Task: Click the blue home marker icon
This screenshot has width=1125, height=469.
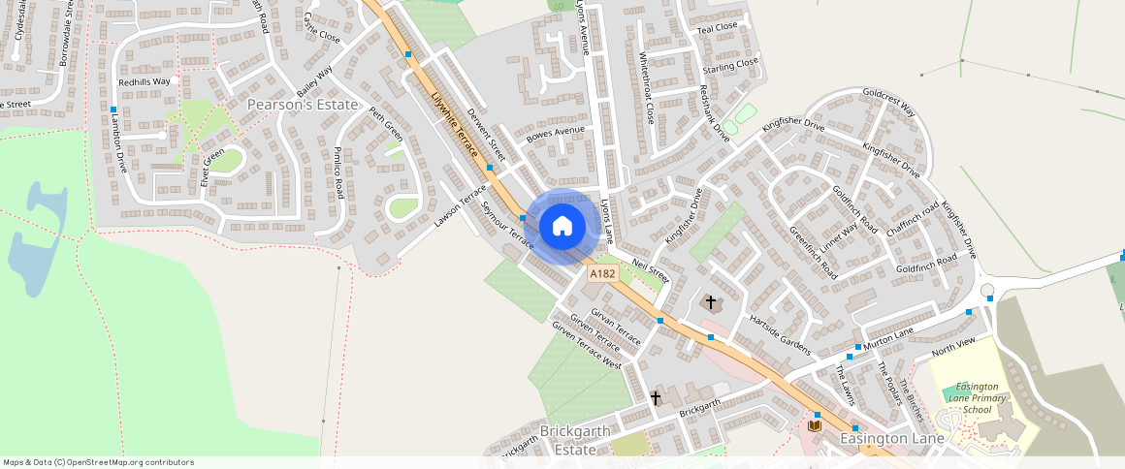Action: click(x=562, y=227)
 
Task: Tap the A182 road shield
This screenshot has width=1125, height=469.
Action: click(x=602, y=274)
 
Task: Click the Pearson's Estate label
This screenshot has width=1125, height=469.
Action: click(x=303, y=104)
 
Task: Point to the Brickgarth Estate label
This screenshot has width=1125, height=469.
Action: click(x=575, y=440)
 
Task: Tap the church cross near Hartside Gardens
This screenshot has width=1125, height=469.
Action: click(x=711, y=303)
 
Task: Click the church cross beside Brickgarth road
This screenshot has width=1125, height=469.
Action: click(x=656, y=397)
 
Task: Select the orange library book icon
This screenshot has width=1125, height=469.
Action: click(x=816, y=425)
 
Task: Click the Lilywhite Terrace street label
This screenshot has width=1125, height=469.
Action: click(x=454, y=124)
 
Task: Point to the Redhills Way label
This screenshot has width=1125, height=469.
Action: click(x=144, y=82)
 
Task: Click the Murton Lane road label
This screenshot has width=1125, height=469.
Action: click(x=889, y=338)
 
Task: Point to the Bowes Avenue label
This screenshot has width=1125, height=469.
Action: click(x=556, y=134)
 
